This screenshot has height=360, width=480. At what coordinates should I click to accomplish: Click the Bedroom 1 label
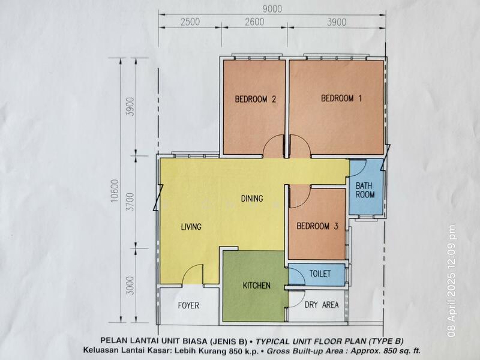(x=341, y=98)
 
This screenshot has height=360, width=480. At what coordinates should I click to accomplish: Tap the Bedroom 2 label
(x=256, y=99)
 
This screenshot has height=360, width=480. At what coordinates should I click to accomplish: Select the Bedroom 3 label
(x=317, y=226)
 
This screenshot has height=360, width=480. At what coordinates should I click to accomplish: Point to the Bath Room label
(x=365, y=190)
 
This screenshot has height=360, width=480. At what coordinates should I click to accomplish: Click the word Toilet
(x=320, y=274)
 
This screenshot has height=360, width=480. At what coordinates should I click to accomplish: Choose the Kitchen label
(x=257, y=286)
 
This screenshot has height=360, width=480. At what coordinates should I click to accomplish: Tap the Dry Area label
(x=322, y=305)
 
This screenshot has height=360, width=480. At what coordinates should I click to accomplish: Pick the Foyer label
(x=188, y=305)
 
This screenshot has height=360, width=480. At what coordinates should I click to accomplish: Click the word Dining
(x=252, y=199)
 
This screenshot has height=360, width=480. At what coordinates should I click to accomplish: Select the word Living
(x=191, y=227)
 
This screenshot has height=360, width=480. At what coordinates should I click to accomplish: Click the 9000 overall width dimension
(x=272, y=9)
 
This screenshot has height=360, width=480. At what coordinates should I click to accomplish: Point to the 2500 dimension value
(x=190, y=22)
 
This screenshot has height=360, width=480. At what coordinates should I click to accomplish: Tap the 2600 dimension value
(x=254, y=22)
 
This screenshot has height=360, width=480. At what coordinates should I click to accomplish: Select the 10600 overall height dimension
(x=115, y=190)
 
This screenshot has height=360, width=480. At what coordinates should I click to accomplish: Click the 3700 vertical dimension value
(x=130, y=202)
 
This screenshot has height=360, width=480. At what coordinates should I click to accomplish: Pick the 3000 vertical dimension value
(x=130, y=286)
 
